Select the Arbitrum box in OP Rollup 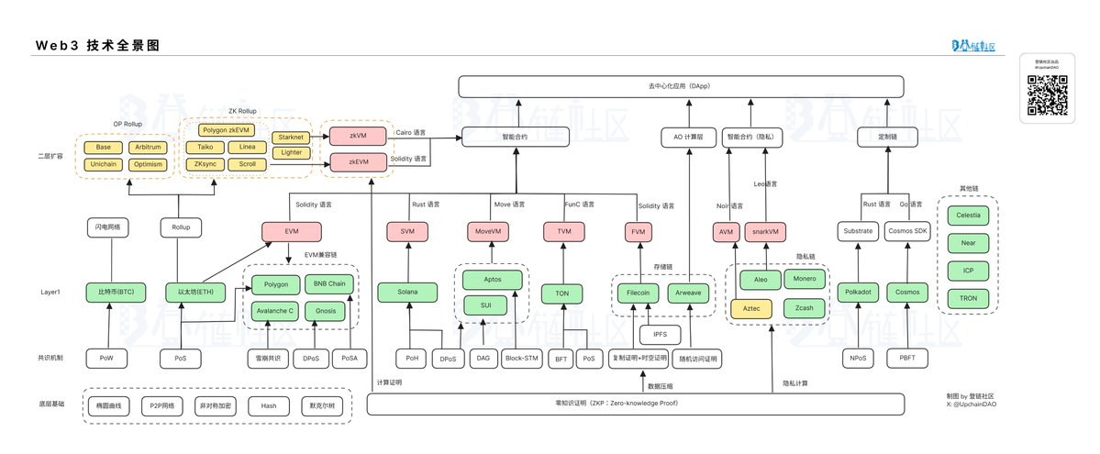(147, 148)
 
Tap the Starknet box (291, 137)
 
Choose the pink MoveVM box (486, 232)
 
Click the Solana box (407, 293)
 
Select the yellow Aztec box (752, 309)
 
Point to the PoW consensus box (108, 358)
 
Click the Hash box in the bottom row (269, 405)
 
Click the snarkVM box (769, 232)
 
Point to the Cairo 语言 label (410, 132)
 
